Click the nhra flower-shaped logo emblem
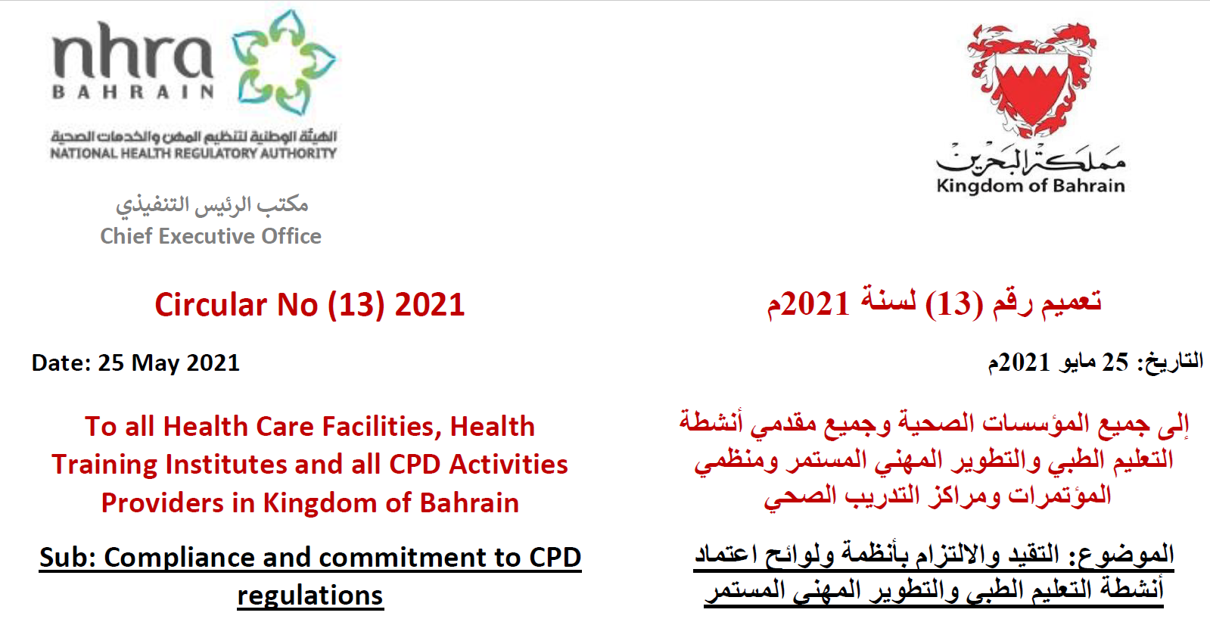click(x=284, y=62)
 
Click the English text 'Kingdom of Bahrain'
click(x=1031, y=185)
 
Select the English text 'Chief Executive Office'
click(x=210, y=237)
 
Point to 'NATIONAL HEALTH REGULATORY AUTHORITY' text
click(x=194, y=154)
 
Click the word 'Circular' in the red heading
click(x=211, y=304)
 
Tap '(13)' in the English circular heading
click(x=356, y=305)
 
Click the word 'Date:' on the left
click(x=61, y=363)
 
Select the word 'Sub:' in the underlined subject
click(x=67, y=558)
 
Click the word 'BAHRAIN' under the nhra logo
click(x=133, y=92)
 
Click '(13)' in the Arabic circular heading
click(x=954, y=304)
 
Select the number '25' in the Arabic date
click(x=1115, y=362)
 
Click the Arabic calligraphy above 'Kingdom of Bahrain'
click(x=1031, y=158)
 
